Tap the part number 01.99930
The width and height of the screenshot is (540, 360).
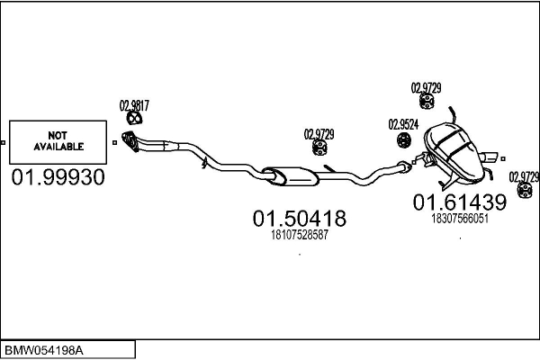click(x=58, y=177)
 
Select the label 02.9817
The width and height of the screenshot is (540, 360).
click(x=134, y=106)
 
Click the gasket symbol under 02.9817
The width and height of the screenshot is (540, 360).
click(x=134, y=118)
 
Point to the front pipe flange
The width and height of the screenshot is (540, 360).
click(x=130, y=141)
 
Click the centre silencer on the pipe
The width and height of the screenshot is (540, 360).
click(x=290, y=176)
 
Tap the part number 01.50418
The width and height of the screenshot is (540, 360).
click(x=300, y=218)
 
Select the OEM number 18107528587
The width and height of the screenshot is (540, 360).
click(x=300, y=235)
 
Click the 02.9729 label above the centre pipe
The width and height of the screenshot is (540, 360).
click(x=319, y=134)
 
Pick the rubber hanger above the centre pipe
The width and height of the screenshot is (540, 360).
click(x=319, y=148)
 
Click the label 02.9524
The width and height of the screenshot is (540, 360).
click(x=403, y=124)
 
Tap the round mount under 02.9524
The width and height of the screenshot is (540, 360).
click(x=403, y=139)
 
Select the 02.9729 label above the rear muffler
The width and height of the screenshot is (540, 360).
click(x=426, y=88)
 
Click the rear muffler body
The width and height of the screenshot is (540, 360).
click(x=454, y=151)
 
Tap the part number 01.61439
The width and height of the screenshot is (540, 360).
click(x=460, y=202)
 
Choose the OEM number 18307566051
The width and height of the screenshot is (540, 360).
click(x=460, y=219)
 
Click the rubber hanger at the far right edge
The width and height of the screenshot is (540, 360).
click(x=525, y=190)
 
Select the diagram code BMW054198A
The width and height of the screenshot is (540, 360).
click(x=43, y=351)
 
